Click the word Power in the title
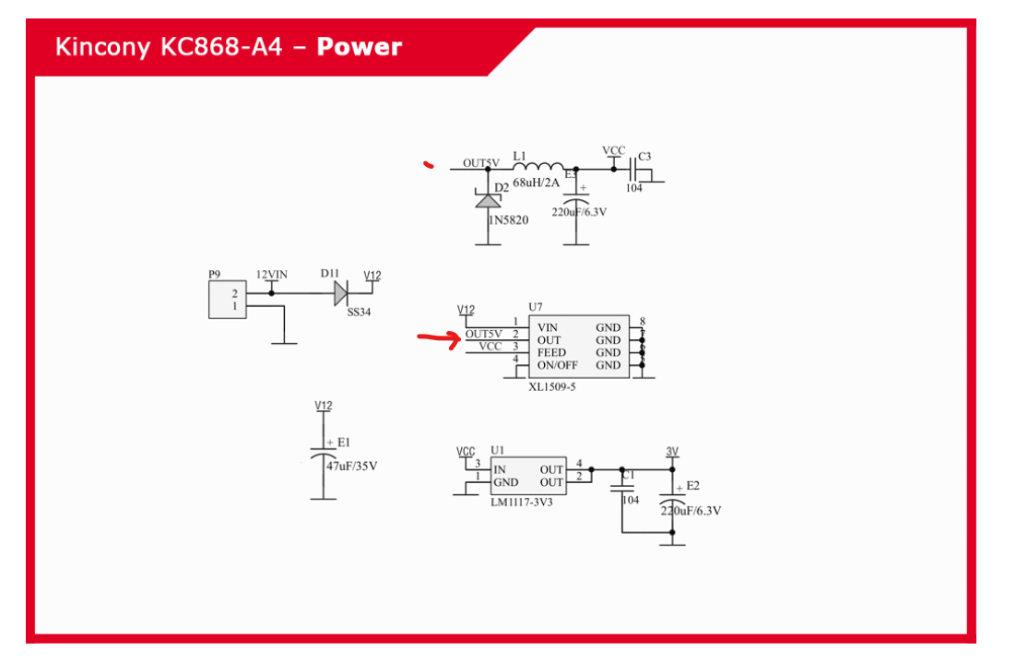pos(359,47)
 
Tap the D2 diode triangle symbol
pos(488,199)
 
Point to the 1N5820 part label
pos(508,220)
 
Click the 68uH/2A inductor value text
pos(536,183)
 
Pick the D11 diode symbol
pos(340,294)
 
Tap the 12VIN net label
pos(271,275)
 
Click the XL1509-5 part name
pos(552,386)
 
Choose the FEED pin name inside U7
pos(551,352)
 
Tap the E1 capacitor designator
pos(344,443)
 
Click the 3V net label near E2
pos(672,452)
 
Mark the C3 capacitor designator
pos(644,157)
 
